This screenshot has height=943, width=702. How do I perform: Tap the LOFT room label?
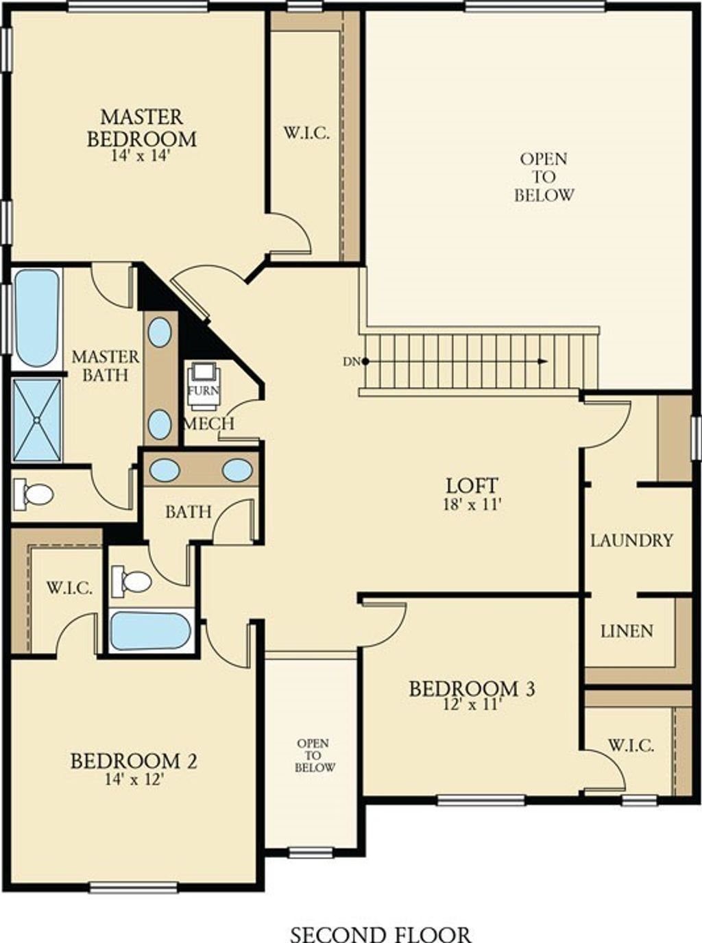click(472, 485)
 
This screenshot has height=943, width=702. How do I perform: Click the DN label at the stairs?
click(349, 362)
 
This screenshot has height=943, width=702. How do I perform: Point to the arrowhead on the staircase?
click(542, 362)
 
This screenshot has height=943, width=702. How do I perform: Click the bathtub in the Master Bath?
click(36, 319)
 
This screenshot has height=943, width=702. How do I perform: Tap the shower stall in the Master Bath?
click(37, 420)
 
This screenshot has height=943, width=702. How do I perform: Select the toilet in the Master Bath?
click(33, 493)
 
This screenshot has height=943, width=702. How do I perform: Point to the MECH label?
click(208, 424)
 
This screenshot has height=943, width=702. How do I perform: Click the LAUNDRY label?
click(632, 541)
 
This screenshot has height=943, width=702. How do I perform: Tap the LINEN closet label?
click(627, 631)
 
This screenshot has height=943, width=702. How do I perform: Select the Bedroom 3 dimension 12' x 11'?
click(470, 705)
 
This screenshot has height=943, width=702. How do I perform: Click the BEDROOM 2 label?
click(134, 761)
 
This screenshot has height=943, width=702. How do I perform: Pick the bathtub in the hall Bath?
click(150, 631)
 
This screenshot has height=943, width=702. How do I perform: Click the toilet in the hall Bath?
click(132, 580)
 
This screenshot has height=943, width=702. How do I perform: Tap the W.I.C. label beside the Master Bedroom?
click(306, 134)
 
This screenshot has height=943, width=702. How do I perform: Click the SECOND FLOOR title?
click(380, 932)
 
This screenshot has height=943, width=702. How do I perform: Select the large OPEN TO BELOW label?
click(544, 177)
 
